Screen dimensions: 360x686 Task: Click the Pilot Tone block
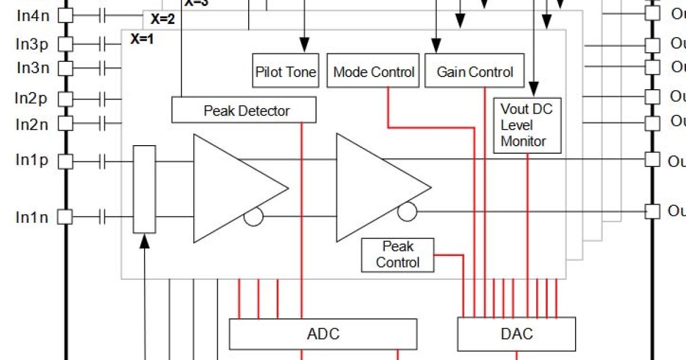[285, 71]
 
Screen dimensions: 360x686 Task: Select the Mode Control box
[373, 71]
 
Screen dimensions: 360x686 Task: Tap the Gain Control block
[474, 71]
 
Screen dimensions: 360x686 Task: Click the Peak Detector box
[244, 110]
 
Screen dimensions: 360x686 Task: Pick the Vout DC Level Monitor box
[527, 125]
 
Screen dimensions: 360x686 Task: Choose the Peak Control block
[398, 255]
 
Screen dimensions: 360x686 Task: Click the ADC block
[323, 334]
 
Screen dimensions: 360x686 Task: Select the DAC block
[517, 334]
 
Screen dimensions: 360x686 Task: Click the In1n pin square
[66, 217]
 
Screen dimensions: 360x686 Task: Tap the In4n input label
[33, 15]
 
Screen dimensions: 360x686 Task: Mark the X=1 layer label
[142, 39]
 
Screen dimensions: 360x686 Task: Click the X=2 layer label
[162, 19]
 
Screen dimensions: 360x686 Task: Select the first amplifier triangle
[234, 189]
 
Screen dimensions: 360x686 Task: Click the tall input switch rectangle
[144, 189]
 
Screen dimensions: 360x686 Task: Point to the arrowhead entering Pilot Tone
[304, 44]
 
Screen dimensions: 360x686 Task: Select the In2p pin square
[66, 99]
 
